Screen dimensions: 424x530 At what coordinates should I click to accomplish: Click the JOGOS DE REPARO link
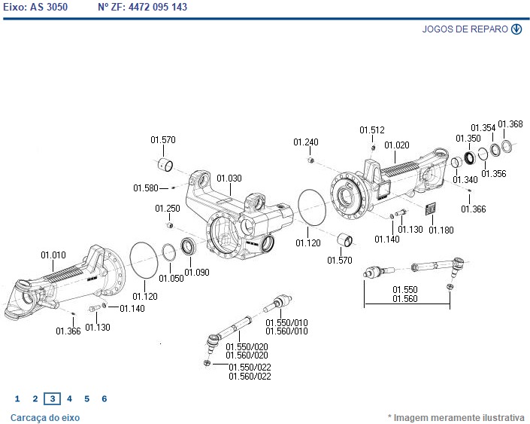coord(465,29)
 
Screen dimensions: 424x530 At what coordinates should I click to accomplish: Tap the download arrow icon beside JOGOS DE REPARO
coord(516,29)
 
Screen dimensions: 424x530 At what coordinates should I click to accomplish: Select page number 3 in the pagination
coord(52,399)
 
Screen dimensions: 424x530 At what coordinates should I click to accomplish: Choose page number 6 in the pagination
coord(104,399)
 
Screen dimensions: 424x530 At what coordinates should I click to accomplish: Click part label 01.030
coord(229,178)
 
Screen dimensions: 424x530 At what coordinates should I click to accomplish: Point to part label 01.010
coord(53,255)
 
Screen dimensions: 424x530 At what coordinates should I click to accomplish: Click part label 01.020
coord(397,145)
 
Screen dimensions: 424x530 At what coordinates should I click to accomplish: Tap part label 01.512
coord(371,130)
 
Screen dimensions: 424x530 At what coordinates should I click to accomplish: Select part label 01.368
coord(510,124)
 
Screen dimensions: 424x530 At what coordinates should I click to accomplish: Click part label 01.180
coord(441,230)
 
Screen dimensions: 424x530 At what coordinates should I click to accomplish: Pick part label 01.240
coord(306,142)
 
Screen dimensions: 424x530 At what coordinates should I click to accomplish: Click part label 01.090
coord(197,272)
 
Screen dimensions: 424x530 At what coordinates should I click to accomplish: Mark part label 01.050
coord(171,278)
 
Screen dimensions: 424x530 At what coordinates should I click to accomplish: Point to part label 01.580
coord(146,188)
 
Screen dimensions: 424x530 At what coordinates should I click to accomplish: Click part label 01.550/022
coord(250,368)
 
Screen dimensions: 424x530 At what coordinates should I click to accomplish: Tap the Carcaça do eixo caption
coord(45,417)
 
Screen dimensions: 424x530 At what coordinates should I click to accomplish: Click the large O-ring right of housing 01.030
coord(313,207)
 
